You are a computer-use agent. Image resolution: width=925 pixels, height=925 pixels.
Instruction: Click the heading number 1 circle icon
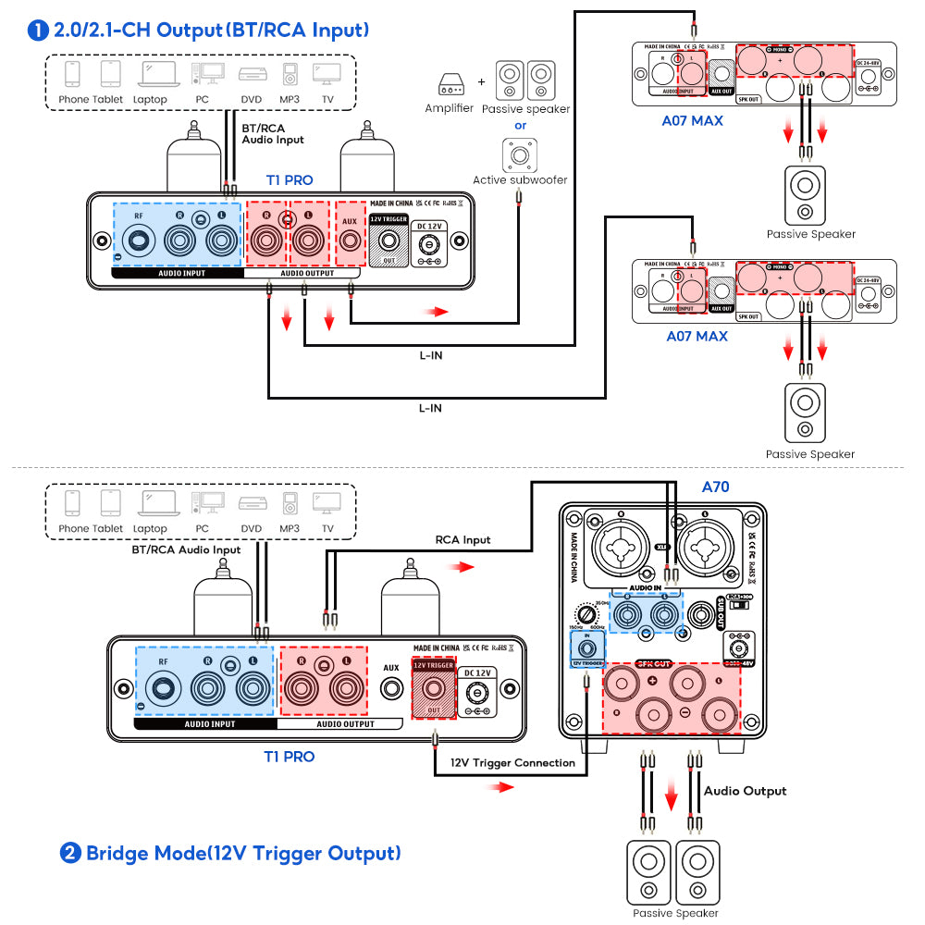[38, 30]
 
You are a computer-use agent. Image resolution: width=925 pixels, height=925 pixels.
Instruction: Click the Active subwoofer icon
[520, 154]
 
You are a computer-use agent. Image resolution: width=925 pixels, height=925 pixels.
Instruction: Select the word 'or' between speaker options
[520, 125]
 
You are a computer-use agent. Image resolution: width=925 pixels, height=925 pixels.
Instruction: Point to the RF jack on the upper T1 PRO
[139, 241]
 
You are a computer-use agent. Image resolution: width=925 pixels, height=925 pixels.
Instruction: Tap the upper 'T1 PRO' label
[289, 180]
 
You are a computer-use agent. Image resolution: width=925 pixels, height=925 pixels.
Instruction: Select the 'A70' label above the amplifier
[717, 487]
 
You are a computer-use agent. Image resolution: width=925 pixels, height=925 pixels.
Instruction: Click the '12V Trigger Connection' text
[512, 763]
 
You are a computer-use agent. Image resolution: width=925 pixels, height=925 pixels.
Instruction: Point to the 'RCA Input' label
[462, 539]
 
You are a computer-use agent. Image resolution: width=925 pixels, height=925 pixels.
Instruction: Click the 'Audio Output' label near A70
[745, 791]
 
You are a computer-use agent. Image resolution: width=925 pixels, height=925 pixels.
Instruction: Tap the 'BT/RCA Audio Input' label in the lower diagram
[186, 549]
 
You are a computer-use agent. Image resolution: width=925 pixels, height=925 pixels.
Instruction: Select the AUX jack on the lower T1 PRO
[391, 689]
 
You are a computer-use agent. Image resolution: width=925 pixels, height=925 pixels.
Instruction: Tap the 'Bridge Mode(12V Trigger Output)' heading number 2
[69, 853]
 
